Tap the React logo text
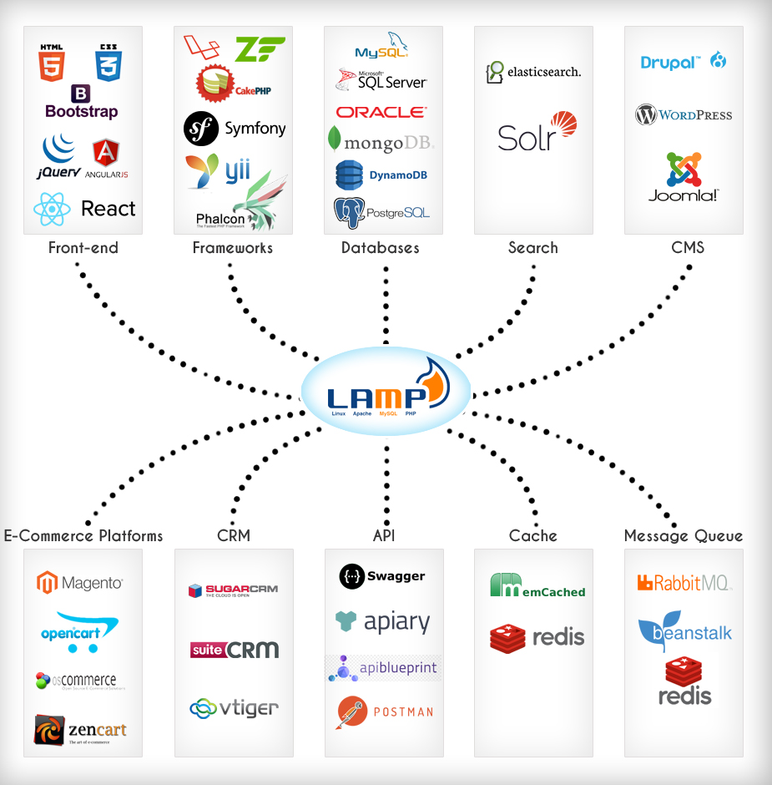[108, 209]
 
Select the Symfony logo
[235, 129]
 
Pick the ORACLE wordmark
[381, 112]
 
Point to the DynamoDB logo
[383, 175]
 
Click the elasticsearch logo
[533, 72]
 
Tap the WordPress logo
[684, 115]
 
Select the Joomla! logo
[684, 177]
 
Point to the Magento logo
[81, 582]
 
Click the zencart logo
[81, 730]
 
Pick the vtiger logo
[234, 709]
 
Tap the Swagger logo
[382, 576]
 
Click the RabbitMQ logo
[684, 583]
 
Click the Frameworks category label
[232, 248]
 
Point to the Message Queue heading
[684, 535]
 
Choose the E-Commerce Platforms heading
[83, 535]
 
